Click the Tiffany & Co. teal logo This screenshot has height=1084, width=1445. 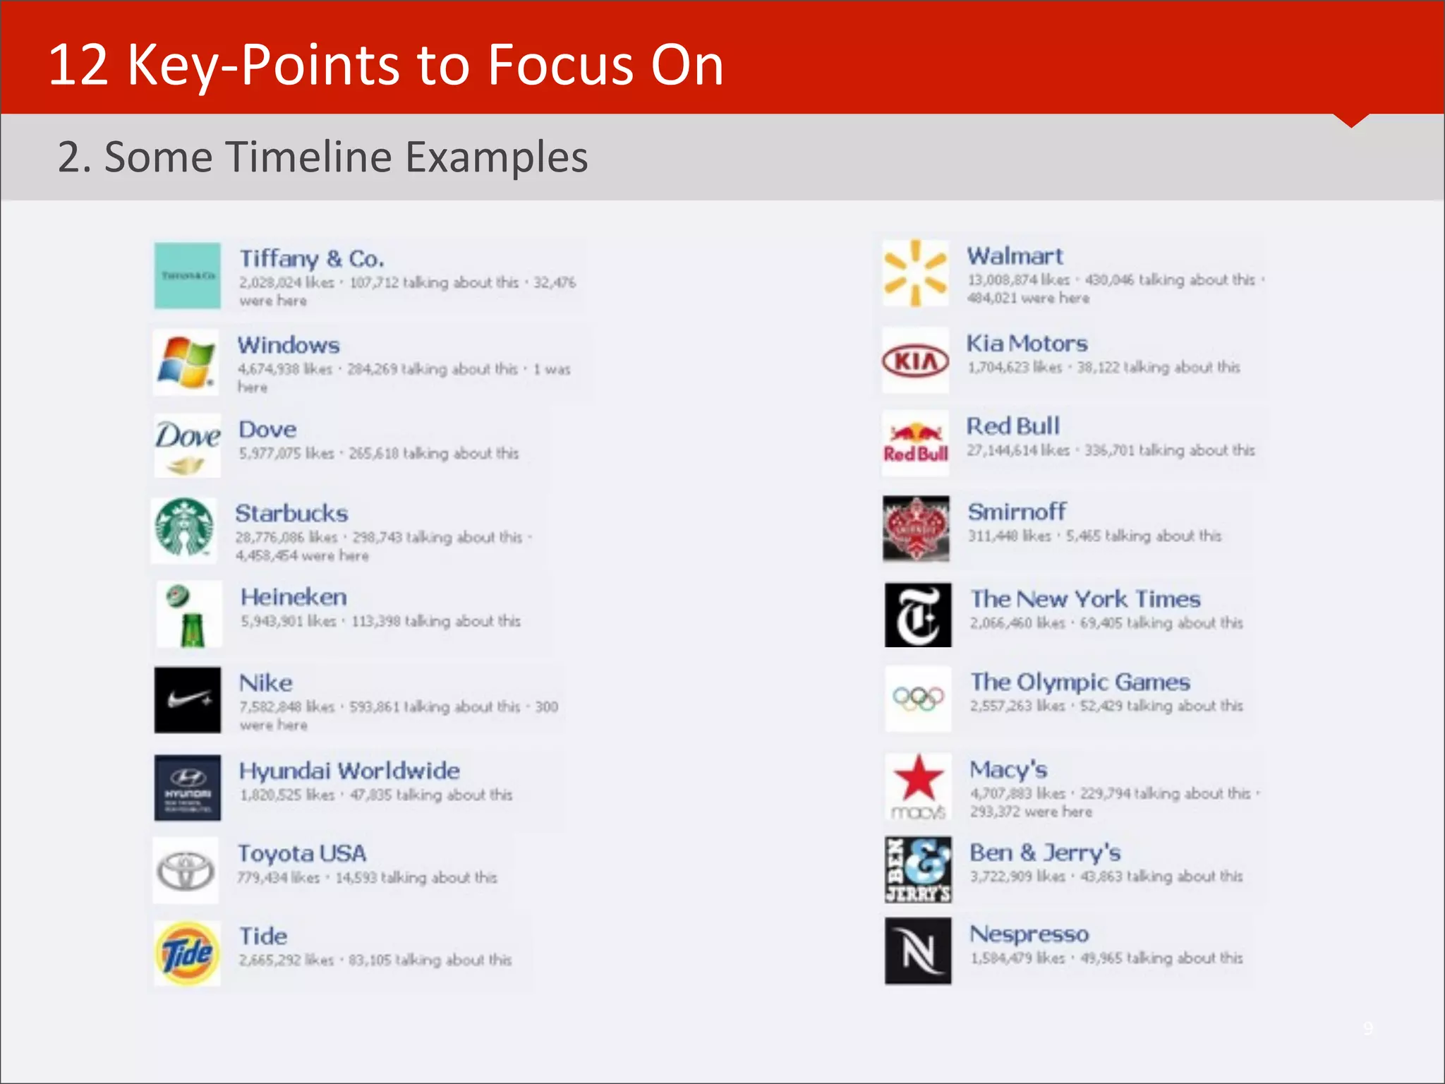pos(187,276)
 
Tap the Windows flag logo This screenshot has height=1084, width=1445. pos(186,362)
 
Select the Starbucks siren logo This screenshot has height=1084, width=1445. pos(184,529)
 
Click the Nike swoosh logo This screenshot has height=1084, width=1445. pos(188,699)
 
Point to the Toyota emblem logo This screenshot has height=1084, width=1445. pos(186,870)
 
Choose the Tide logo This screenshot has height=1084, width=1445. pos(187,953)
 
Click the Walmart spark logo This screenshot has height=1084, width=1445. pos(915,273)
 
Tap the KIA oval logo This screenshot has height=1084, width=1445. pos(915,361)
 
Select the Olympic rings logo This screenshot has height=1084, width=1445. pos(918,699)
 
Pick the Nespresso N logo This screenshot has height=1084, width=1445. pos(918,951)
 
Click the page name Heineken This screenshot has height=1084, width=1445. pos(294,597)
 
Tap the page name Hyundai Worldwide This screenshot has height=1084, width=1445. pos(349,771)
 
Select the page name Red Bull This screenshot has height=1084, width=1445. pos(1012,426)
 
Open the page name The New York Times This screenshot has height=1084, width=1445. pos(1085,599)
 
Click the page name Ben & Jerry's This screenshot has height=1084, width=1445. pos(1045,853)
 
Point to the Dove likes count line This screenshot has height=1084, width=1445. pos(379,453)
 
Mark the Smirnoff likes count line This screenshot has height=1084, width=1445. pos(1094,536)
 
